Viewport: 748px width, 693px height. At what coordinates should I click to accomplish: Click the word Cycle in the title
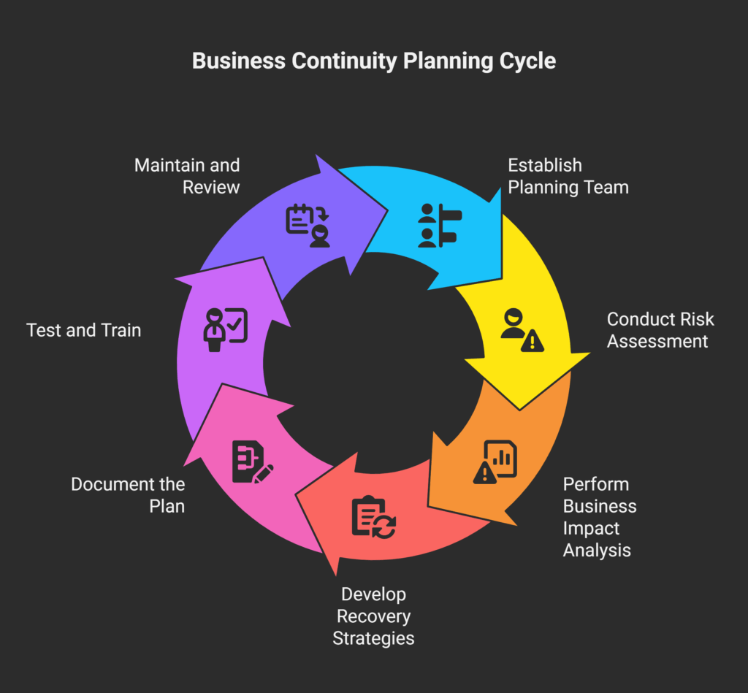pos(528,61)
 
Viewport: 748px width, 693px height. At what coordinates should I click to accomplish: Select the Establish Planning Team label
pos(568,176)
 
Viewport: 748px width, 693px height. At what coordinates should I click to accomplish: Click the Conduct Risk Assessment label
pos(660,330)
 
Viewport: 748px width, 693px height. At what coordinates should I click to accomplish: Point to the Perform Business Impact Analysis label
pos(599,517)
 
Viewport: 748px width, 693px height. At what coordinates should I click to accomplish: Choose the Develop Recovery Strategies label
pos(373,616)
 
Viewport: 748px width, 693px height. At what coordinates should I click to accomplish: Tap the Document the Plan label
pos(128,495)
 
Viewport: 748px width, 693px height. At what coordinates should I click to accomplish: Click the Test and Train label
pos(84,330)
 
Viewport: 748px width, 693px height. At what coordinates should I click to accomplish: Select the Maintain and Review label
pos(187,176)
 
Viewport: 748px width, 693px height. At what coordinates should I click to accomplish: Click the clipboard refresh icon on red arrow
pos(373,517)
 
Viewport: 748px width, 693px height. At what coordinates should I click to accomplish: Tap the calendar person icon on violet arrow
pos(308,225)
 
